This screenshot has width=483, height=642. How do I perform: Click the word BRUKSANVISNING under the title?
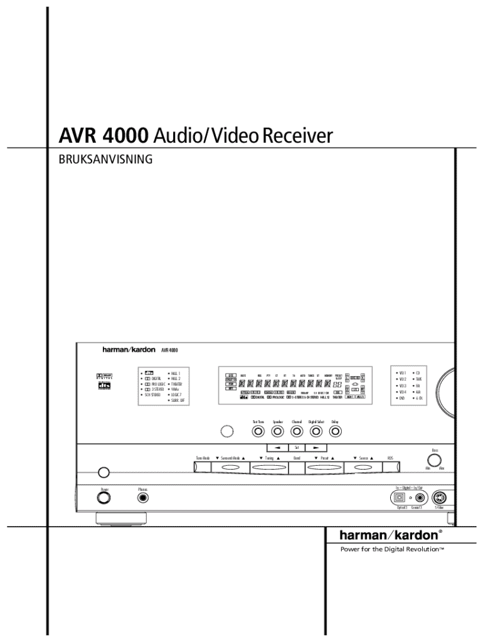105,159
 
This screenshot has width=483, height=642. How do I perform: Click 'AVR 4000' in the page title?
103,135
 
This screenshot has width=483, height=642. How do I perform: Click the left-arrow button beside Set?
276,448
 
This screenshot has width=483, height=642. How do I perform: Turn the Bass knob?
433,458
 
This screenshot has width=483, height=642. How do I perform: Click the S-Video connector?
439,498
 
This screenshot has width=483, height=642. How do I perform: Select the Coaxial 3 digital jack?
419,498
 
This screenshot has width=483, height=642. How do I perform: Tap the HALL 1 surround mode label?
176,373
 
